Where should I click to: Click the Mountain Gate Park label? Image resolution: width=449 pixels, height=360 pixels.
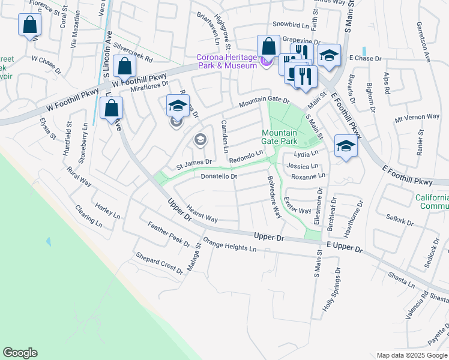(x=279, y=136)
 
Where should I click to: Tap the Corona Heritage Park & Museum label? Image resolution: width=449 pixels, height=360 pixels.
(x=226, y=62)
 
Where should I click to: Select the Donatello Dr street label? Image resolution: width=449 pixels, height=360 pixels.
(x=219, y=177)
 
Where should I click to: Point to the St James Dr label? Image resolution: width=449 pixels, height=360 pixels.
(x=194, y=162)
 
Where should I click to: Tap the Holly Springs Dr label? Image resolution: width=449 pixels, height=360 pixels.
(x=333, y=289)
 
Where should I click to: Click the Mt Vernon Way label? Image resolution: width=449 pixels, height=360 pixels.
(x=417, y=117)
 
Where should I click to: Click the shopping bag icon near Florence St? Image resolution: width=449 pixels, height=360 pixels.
(x=29, y=25)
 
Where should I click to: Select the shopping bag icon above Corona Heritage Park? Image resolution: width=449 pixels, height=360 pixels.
(x=268, y=46)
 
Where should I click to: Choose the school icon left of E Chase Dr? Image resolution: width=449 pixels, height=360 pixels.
(x=328, y=55)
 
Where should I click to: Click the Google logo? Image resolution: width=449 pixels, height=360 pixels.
(x=20, y=353)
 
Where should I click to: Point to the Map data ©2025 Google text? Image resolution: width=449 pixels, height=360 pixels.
(x=411, y=355)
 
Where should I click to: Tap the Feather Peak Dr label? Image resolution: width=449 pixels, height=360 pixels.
(x=168, y=235)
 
